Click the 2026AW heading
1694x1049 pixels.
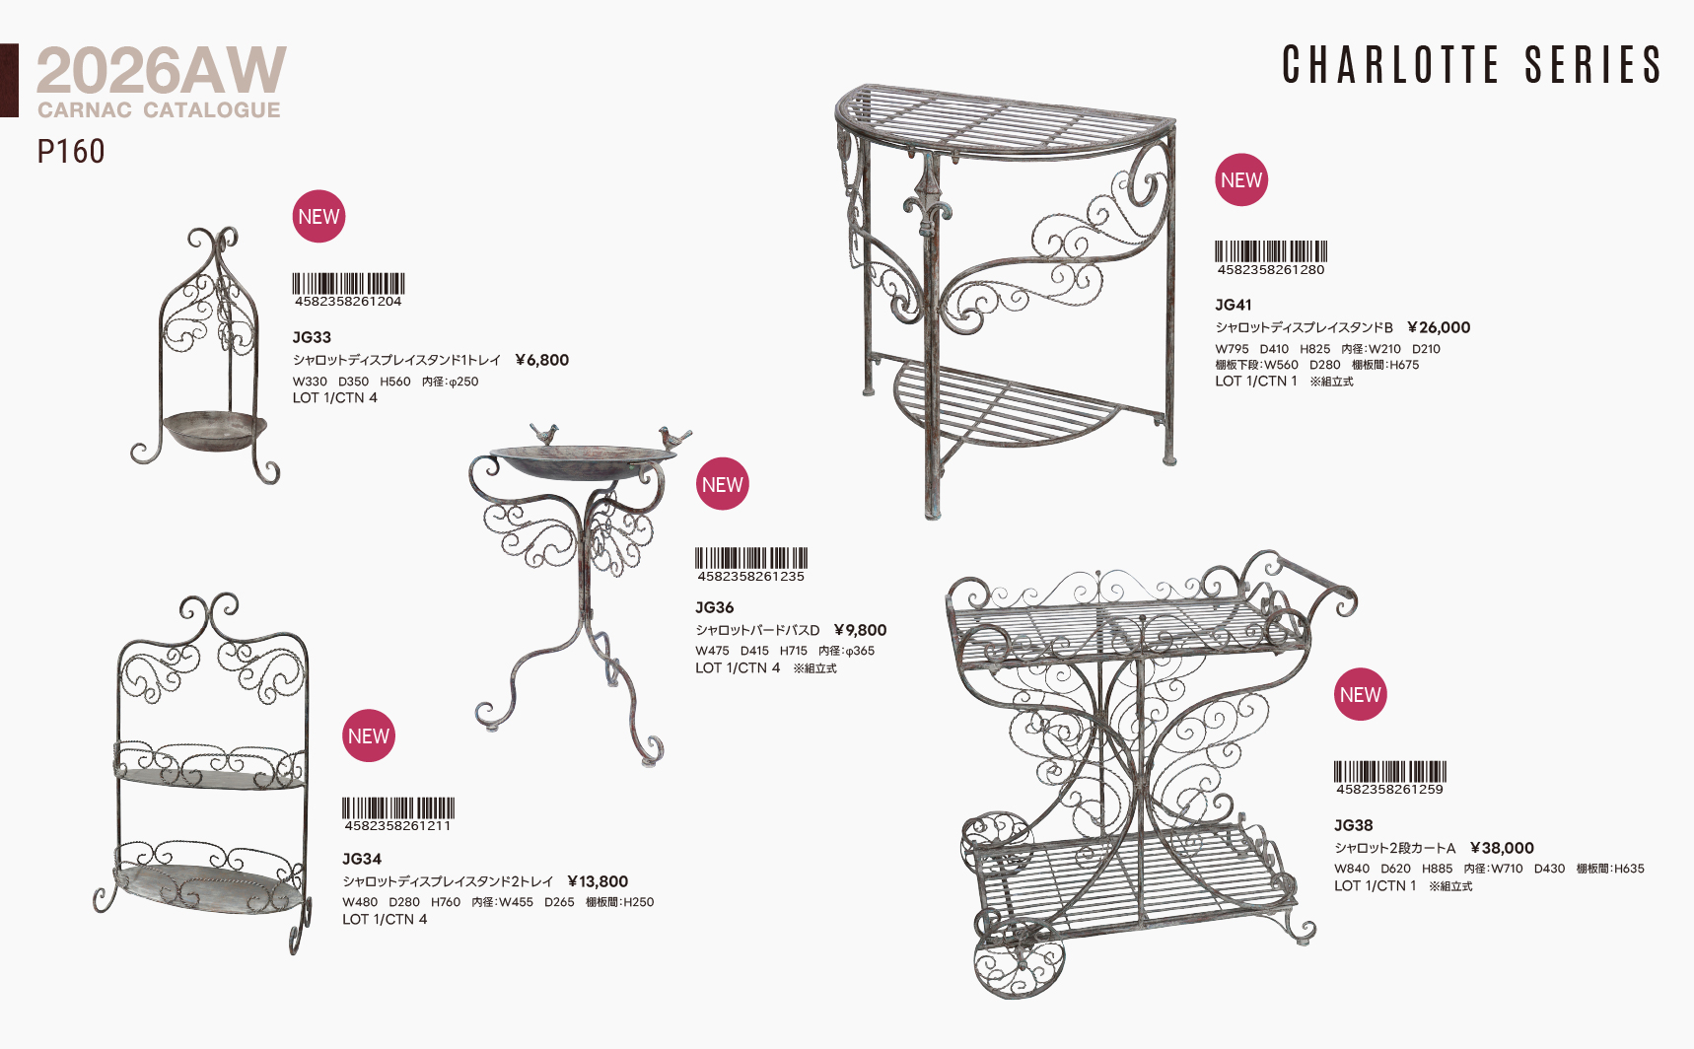[x=162, y=70]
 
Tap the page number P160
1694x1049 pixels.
[x=71, y=152]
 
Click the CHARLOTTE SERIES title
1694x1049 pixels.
[x=1472, y=65]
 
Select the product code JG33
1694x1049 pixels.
[x=312, y=337]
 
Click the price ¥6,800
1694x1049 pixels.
[x=542, y=360]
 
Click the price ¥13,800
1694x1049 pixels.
[x=598, y=881]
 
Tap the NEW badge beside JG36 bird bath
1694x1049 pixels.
[x=723, y=484]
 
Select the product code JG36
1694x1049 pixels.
[x=715, y=607]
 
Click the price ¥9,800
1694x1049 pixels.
[x=860, y=630]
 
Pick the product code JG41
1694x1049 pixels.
[x=1234, y=305]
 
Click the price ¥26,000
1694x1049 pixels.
[x=1439, y=327]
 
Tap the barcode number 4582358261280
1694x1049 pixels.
[x=1271, y=270]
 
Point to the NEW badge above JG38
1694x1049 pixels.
[x=1361, y=694]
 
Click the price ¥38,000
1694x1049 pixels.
[x=1502, y=848]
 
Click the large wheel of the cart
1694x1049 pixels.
[x=1019, y=960]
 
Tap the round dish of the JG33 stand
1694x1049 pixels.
[x=215, y=431]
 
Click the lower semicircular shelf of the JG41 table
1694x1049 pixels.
[x=1006, y=404]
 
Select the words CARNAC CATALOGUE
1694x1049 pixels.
[x=160, y=110]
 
